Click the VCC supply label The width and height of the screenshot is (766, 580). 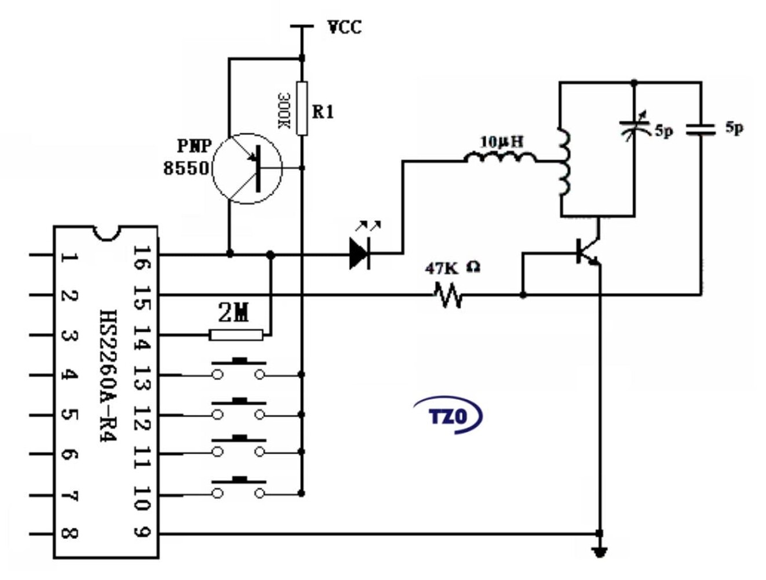[344, 27]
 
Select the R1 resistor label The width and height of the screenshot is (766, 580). [323, 111]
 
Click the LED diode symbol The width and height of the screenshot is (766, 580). [360, 253]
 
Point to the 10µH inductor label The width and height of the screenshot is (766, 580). [502, 141]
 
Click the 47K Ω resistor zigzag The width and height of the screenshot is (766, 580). [448, 295]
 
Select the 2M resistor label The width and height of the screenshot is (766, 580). [234, 313]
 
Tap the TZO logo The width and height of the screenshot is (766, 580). [448, 415]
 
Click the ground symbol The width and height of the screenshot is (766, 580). [600, 552]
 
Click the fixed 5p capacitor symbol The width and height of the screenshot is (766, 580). [701, 129]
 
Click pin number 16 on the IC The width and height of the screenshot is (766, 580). [141, 258]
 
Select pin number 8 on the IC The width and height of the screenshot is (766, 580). [68, 532]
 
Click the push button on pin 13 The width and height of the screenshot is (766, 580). [239, 369]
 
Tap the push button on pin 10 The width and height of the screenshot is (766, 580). [239, 488]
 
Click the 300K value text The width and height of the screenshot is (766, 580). [284, 110]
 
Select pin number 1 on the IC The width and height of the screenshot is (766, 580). [68, 256]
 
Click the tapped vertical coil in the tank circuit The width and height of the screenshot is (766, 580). [563, 162]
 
